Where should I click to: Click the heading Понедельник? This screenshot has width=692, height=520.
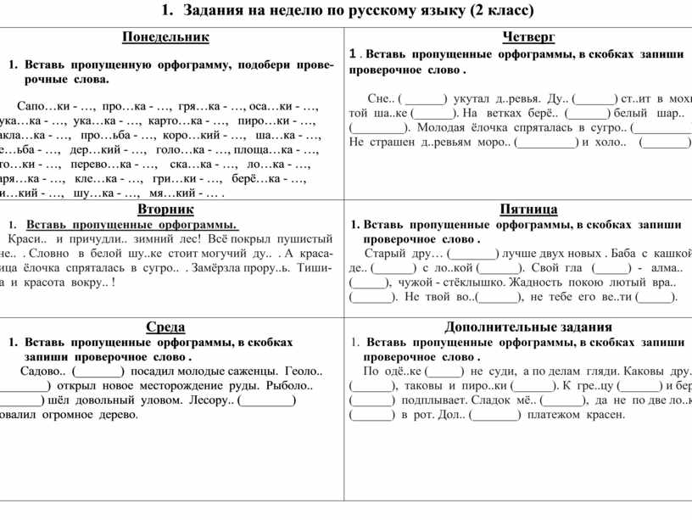(x=165, y=37)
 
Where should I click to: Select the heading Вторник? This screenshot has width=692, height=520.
(x=165, y=209)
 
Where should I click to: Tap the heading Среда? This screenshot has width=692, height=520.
(x=165, y=327)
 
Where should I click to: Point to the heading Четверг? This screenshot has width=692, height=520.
(x=528, y=37)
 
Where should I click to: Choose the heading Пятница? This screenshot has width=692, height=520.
(x=528, y=209)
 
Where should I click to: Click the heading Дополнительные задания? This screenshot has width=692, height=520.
(x=528, y=327)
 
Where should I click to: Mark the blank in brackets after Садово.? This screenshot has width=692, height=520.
(x=98, y=371)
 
